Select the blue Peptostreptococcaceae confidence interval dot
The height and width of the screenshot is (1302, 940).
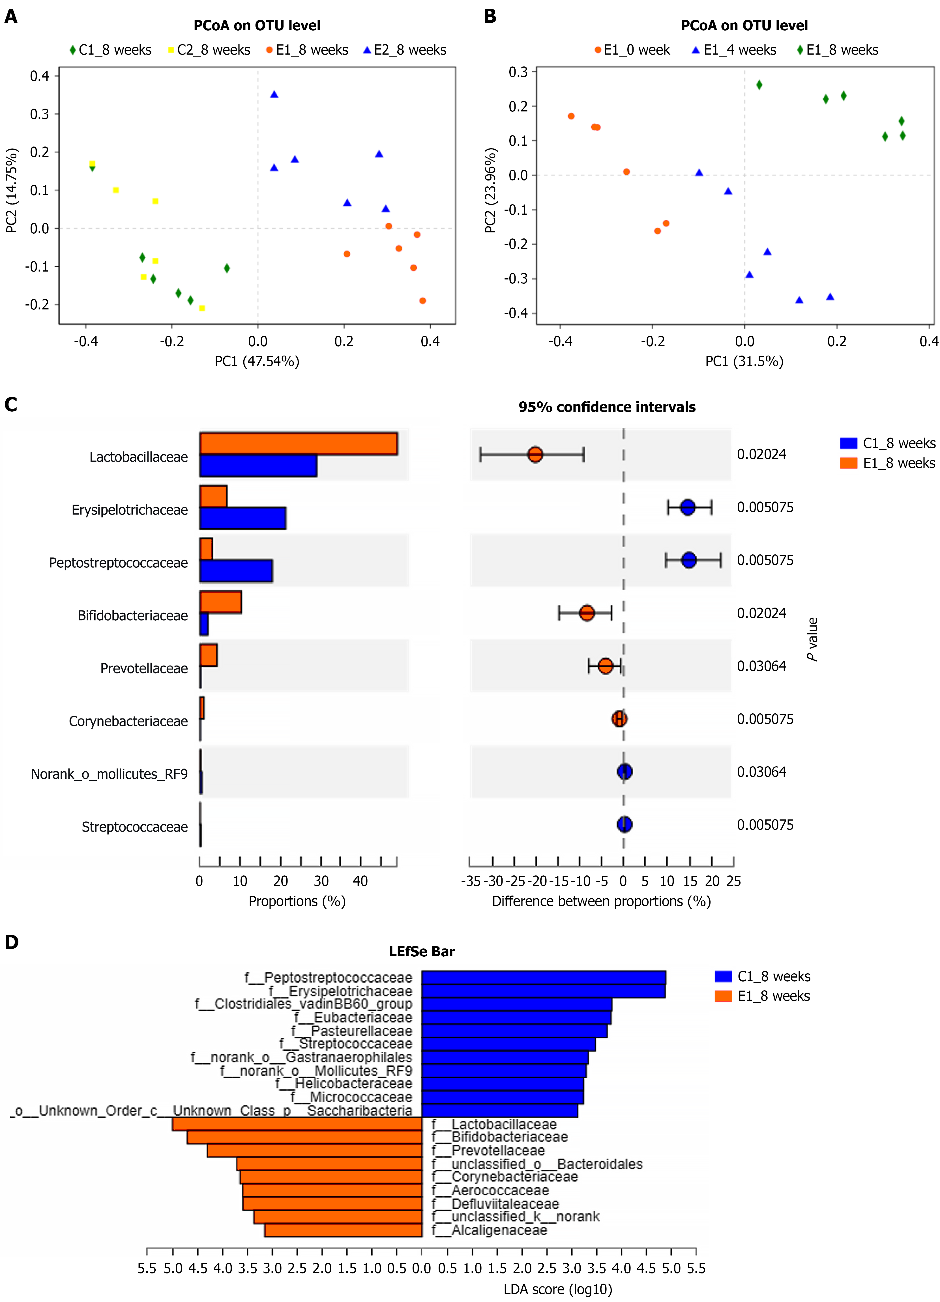[688, 560]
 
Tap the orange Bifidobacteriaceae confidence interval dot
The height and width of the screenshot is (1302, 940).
[586, 613]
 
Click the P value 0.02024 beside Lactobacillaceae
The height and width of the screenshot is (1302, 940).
[761, 455]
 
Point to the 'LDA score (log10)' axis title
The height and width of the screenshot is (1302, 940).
[557, 1289]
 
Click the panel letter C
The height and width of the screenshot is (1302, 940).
[11, 405]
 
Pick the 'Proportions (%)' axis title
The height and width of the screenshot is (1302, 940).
[297, 901]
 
